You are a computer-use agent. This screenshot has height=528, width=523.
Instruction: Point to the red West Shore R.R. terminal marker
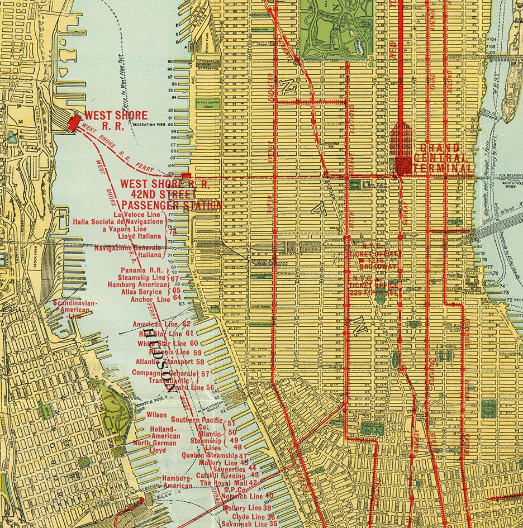[x=73, y=121]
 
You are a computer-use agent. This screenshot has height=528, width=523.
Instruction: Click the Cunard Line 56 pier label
[x=190, y=387]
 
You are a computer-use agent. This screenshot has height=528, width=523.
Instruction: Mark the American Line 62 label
[x=162, y=324]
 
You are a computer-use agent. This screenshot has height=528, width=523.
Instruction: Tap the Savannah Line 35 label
[x=249, y=524]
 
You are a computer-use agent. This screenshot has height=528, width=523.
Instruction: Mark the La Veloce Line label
[x=136, y=215]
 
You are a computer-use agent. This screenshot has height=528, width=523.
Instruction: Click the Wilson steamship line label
[x=156, y=415]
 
